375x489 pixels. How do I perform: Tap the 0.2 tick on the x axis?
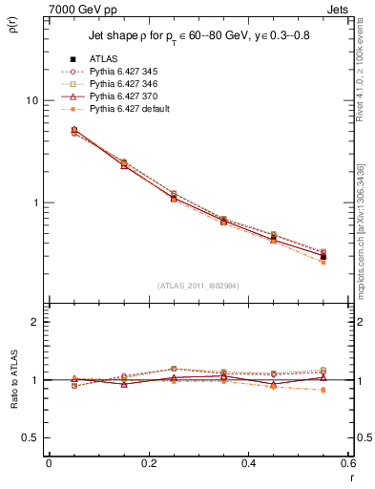pyautogui.click(x=148, y=463)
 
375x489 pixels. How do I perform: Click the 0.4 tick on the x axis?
pyautogui.click(x=248, y=463)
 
